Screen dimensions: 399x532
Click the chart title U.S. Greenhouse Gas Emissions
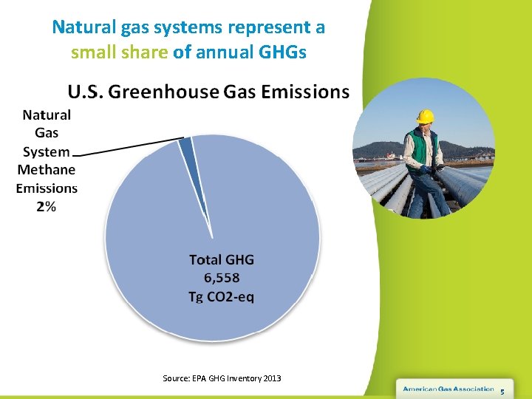tap(208, 92)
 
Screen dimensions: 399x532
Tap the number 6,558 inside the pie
tap(222, 278)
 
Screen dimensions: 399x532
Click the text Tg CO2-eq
tap(222, 296)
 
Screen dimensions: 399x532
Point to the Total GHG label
tap(222, 259)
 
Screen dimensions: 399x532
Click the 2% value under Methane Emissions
tap(46, 207)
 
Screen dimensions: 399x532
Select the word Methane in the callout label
tap(47, 170)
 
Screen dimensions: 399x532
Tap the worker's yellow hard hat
tap(425, 116)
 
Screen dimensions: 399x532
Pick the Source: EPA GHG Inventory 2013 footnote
tap(222, 378)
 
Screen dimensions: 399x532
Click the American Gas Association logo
tap(448, 389)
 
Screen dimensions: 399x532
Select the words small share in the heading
tap(120, 52)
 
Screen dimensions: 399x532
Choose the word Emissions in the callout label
tap(47, 188)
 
